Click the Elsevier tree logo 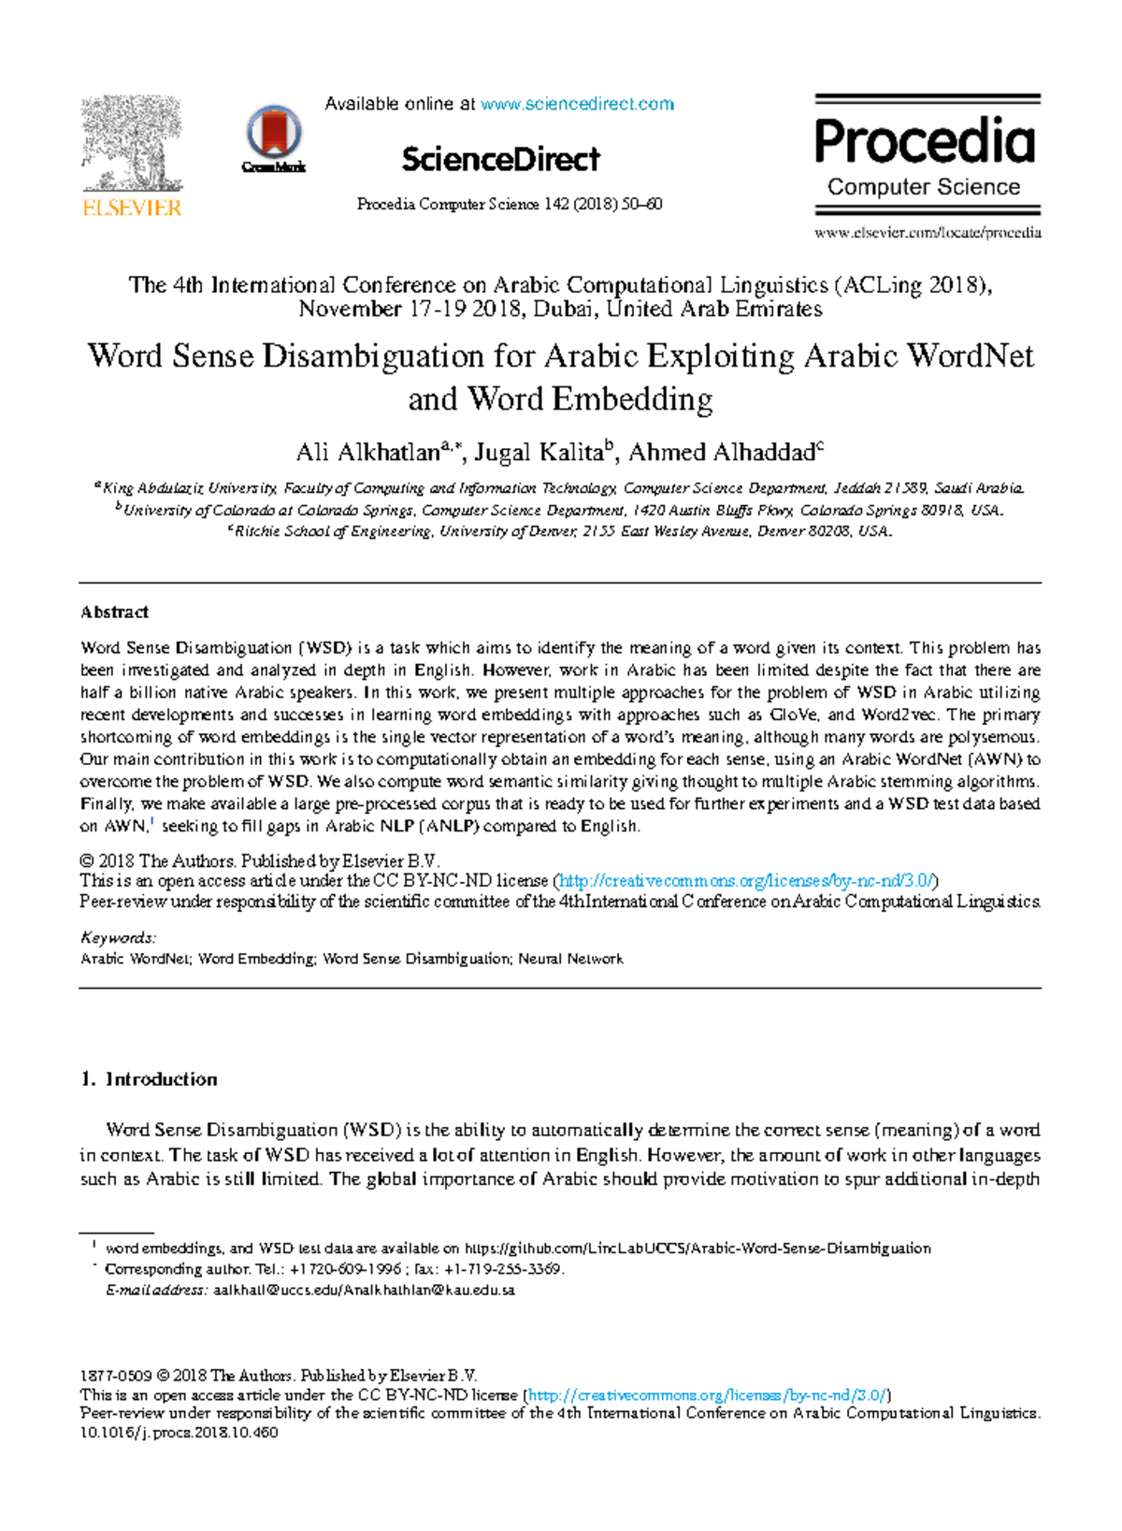tap(132, 146)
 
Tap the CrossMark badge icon tap(273, 137)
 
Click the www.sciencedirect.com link tap(577, 104)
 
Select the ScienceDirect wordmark tap(500, 160)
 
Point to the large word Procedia tap(925, 142)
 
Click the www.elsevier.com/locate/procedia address tap(928, 233)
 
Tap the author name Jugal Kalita tap(539, 454)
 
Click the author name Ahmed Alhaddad tap(722, 454)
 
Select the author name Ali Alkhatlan tap(367, 454)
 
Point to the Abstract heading tap(114, 613)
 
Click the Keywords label tap(118, 938)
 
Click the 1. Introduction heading tap(150, 1079)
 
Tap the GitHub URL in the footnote tap(698, 1249)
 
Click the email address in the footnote tap(364, 1291)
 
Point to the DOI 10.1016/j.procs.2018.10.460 tap(180, 1433)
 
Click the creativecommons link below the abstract tap(746, 881)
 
